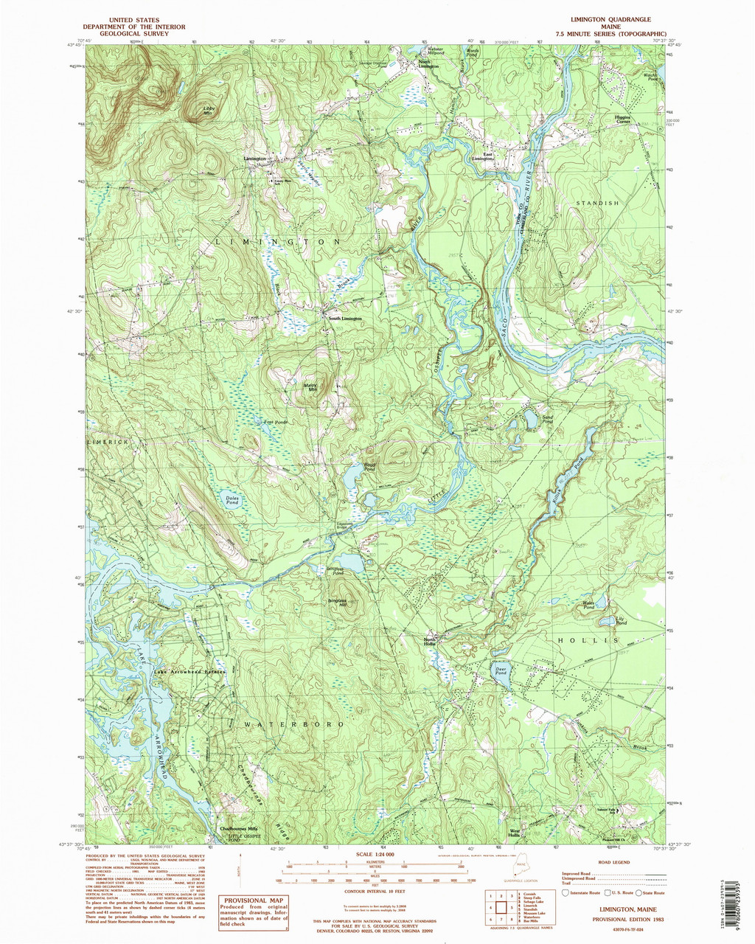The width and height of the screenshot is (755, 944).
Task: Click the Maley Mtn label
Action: [x=310, y=386]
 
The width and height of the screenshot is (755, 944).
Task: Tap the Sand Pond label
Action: [x=547, y=419]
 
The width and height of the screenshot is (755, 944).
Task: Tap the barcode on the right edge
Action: [x=746, y=886]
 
